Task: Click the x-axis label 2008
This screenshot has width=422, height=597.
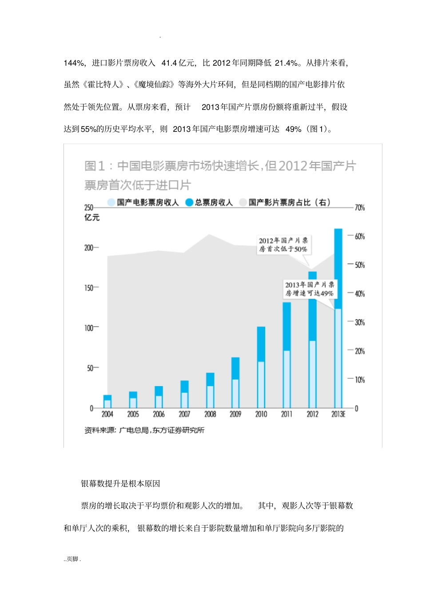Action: pos(210,414)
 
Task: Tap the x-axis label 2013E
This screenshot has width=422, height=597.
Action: pos(338,414)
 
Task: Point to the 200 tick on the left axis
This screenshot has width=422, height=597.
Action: pos(89,248)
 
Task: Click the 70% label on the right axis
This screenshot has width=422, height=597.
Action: pos(359,208)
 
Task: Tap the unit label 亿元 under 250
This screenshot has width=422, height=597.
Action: pos(92,217)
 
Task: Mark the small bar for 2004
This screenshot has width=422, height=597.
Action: pos(107,401)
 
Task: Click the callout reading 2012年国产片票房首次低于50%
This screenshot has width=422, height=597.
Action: pos(283,245)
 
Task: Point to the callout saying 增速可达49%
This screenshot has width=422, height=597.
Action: pos(309,289)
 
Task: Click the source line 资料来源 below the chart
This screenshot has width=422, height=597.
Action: pos(144,430)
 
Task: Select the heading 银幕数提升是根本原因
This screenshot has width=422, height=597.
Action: pos(120,483)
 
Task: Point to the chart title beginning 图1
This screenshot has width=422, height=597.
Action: pos(220,175)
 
